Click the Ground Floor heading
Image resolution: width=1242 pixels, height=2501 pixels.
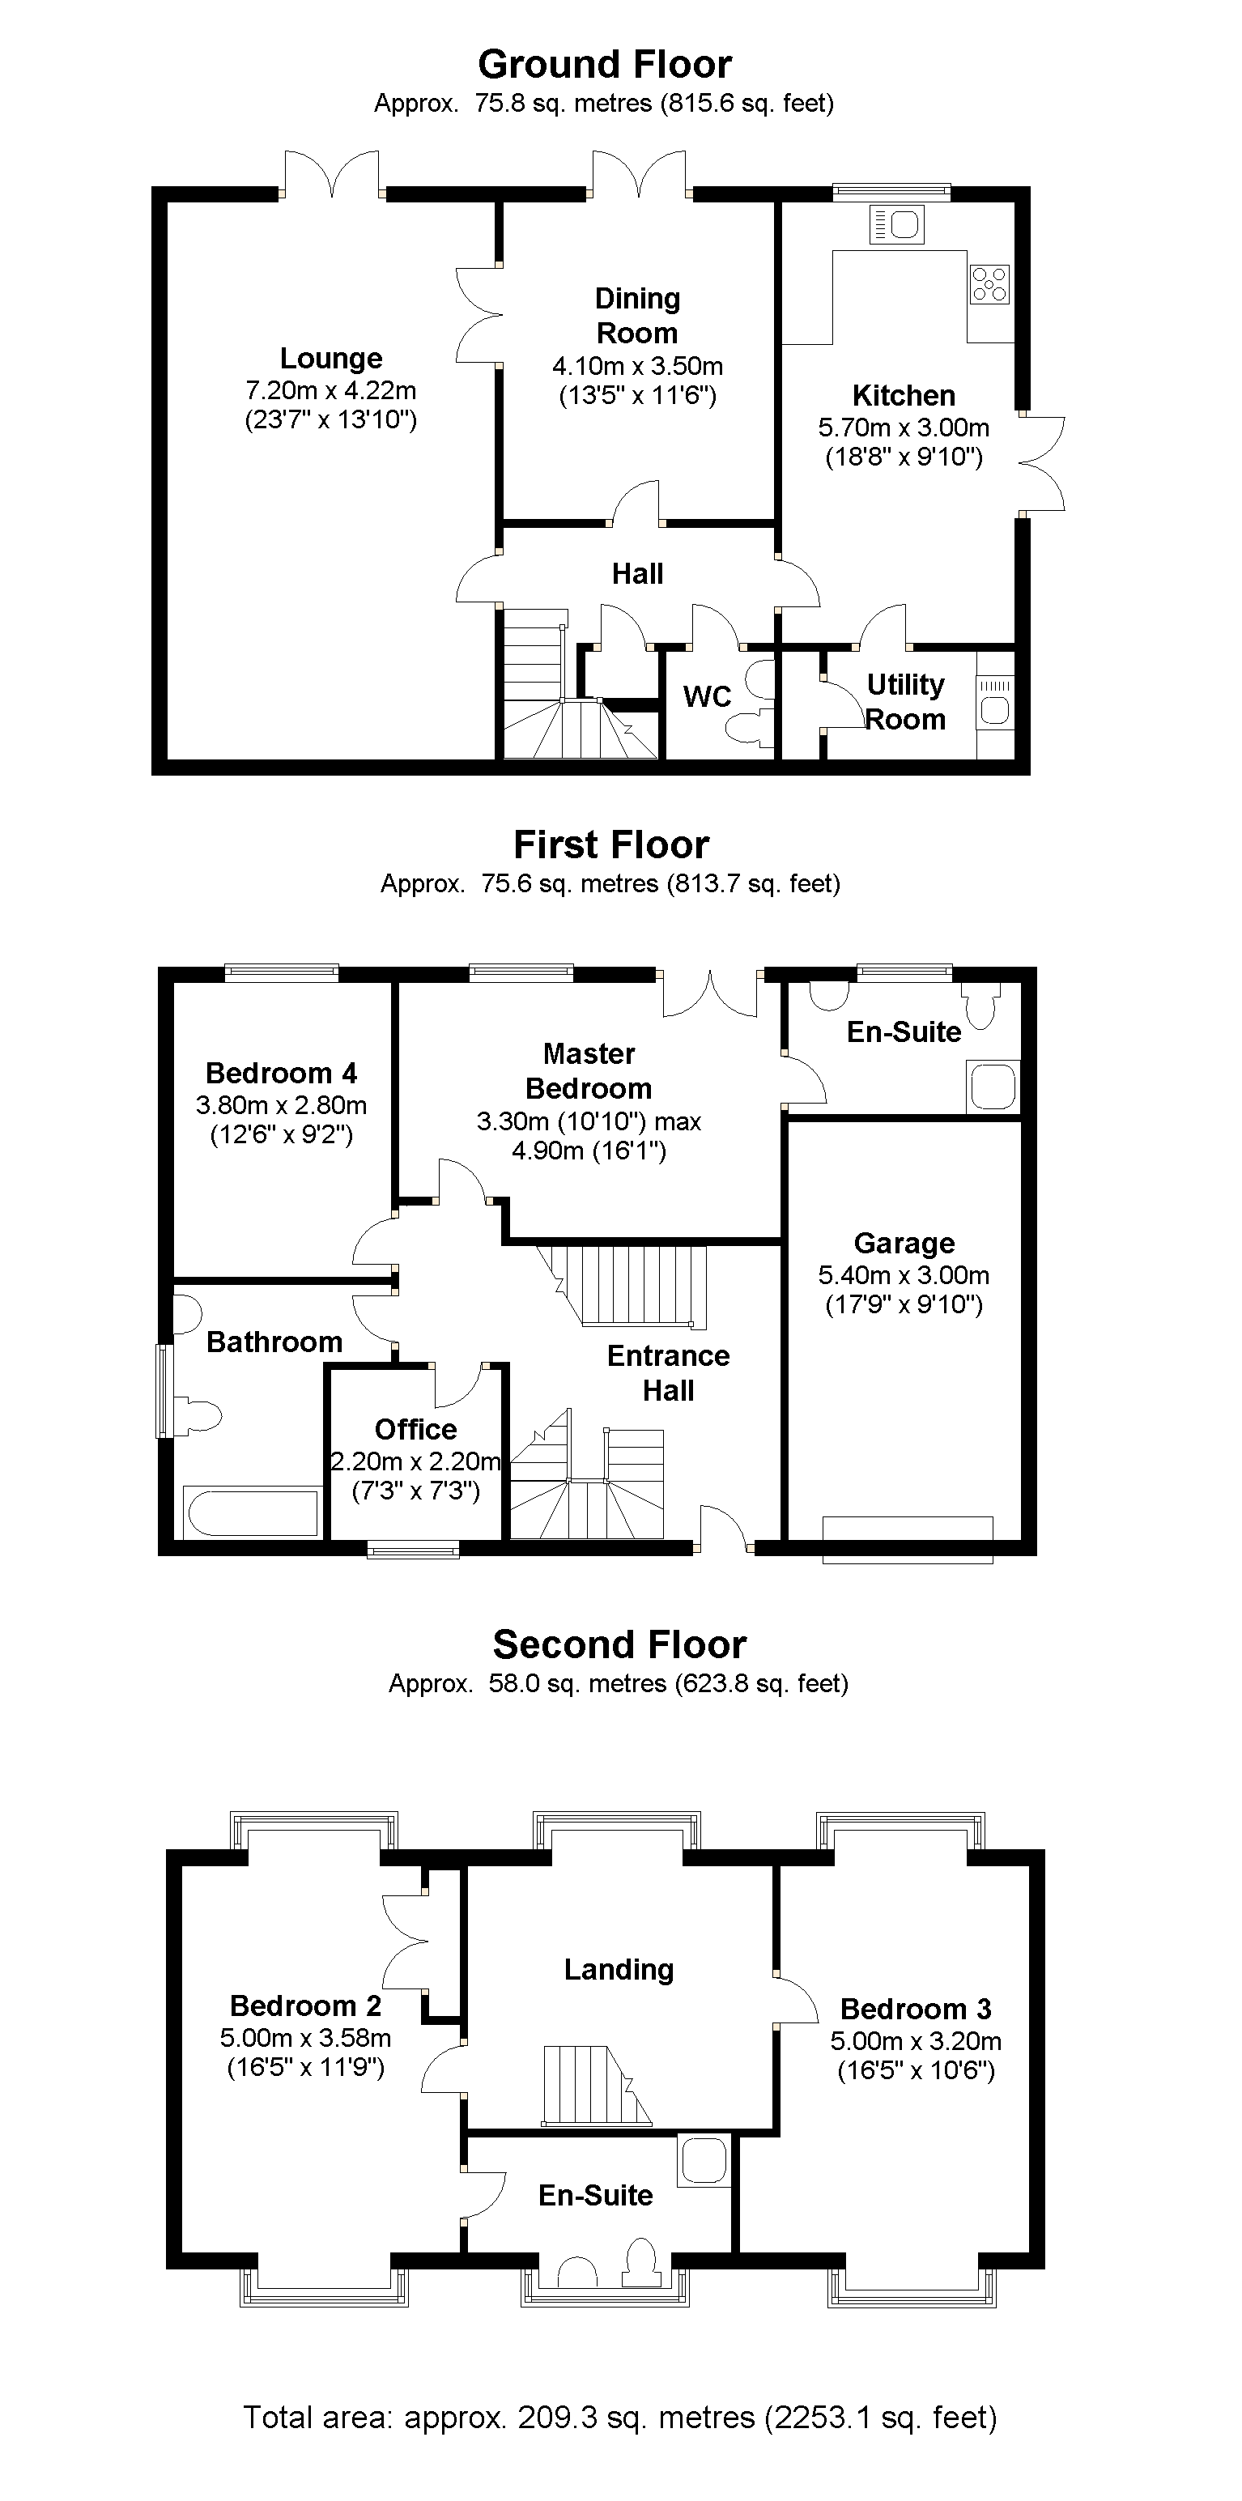pyautogui.click(x=604, y=65)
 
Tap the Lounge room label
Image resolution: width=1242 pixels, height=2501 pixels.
pyautogui.click(x=331, y=358)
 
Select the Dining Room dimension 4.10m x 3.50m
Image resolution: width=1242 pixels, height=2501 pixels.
pyautogui.click(x=638, y=366)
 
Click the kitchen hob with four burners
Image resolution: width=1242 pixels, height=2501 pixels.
pyautogui.click(x=989, y=284)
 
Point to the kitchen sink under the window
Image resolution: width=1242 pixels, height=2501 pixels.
pyautogui.click(x=897, y=225)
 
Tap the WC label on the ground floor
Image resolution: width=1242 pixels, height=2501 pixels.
pyautogui.click(x=707, y=696)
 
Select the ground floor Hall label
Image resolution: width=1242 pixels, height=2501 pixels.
pyautogui.click(x=638, y=574)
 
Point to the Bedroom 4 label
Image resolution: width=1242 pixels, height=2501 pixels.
pyautogui.click(x=282, y=1073)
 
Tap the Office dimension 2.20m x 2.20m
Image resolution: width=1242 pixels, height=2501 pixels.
pyautogui.click(x=415, y=1461)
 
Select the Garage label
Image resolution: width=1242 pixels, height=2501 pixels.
pyautogui.click(x=904, y=1243)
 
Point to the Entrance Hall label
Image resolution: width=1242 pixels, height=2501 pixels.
pyautogui.click(x=668, y=1373)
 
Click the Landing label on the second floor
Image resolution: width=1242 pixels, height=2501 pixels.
pyautogui.click(x=619, y=1969)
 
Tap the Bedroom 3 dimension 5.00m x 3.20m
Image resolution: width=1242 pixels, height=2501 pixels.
pyautogui.click(x=916, y=2041)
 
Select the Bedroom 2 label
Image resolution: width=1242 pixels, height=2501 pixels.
pyautogui.click(x=306, y=2005)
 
